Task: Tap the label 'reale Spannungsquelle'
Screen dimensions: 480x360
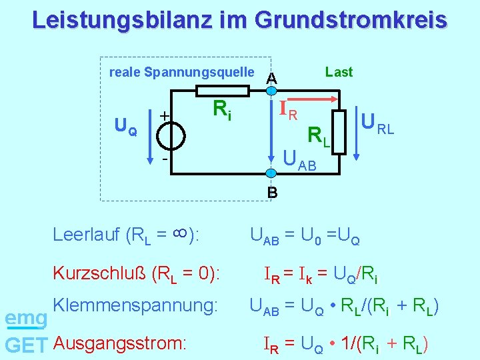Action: (181, 72)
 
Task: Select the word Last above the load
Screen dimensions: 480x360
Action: (339, 72)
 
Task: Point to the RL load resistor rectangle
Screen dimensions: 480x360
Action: (340, 130)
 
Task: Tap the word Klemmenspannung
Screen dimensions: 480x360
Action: (135, 306)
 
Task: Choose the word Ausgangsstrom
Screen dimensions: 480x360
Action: (119, 344)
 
